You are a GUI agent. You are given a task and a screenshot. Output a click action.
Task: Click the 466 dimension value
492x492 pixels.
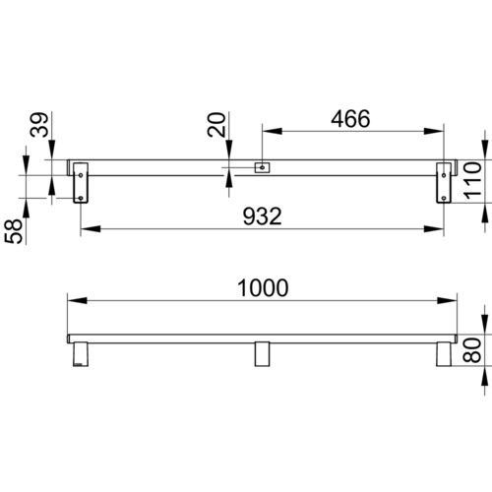point(350,119)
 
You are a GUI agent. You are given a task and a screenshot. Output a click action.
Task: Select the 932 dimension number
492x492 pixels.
point(263,216)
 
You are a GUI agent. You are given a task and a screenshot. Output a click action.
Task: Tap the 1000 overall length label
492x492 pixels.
point(263,288)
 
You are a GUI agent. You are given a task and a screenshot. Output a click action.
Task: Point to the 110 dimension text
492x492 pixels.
point(473,180)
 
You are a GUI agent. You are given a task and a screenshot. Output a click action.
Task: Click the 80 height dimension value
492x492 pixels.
point(472,350)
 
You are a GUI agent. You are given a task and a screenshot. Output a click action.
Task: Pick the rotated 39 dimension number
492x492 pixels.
point(39,125)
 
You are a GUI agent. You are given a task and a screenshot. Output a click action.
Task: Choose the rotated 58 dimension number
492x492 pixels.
point(14,231)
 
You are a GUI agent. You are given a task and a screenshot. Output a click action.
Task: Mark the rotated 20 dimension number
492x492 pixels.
point(216,125)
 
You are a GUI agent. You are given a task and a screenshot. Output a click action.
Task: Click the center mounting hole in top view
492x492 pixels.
point(262,167)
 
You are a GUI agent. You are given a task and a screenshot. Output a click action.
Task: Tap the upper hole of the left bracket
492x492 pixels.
point(81,175)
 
